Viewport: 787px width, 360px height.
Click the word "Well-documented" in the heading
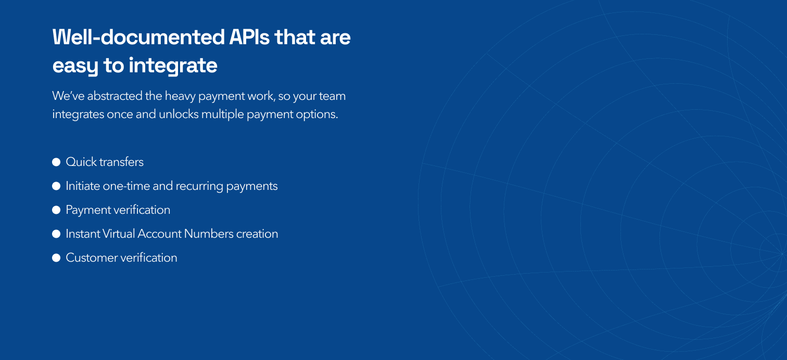[x=138, y=37]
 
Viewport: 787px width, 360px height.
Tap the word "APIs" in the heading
[x=249, y=37]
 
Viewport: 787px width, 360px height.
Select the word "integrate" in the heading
[x=173, y=66]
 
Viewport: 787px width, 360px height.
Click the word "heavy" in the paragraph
[x=180, y=96]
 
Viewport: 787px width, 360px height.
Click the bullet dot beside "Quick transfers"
[x=56, y=162]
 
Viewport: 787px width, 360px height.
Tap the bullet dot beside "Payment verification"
[x=56, y=210]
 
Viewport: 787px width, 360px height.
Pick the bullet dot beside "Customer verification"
[x=56, y=258]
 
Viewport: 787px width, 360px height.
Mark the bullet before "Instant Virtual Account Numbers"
[x=56, y=234]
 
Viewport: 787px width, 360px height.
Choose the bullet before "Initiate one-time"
[x=56, y=186]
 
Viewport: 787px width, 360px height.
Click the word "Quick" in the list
[x=81, y=162]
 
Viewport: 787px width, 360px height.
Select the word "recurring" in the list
[x=199, y=186]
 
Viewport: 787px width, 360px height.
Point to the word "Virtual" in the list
[x=118, y=234]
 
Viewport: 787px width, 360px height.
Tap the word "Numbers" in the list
[x=209, y=234]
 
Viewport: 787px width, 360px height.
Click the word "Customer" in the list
[x=92, y=258]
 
